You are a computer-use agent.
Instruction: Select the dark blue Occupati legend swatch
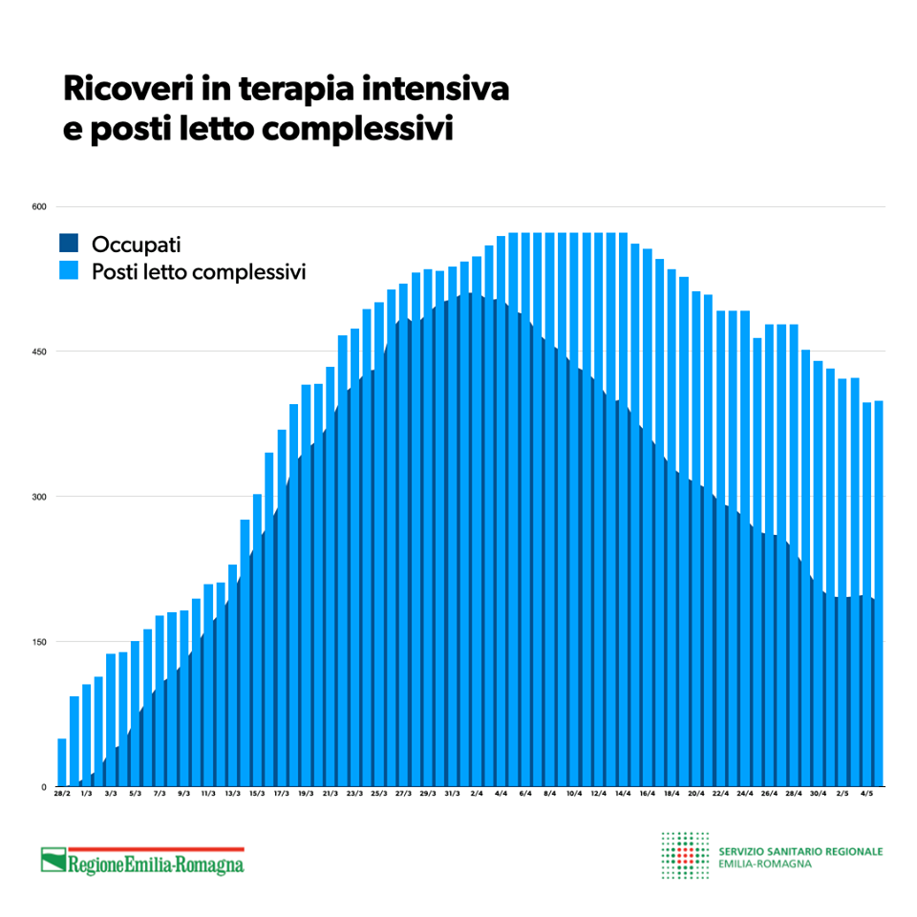69,243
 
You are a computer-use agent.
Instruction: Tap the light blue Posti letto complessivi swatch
69,271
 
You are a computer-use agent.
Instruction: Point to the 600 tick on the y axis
39,206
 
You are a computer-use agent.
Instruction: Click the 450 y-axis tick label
39,352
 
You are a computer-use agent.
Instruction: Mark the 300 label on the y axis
39,497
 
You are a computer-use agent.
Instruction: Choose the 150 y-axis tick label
39,642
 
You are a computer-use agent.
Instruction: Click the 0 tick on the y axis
43,787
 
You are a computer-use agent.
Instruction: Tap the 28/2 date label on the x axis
62,794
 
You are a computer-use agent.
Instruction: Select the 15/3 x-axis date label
257,794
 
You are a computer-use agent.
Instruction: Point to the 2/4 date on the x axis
477,794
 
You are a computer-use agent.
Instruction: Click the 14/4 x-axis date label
623,794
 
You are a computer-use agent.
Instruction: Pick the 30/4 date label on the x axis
818,794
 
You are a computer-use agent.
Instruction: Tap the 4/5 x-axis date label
866,794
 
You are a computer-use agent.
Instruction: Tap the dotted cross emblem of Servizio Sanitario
685,856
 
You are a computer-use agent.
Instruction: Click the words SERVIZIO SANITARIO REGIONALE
800,851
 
